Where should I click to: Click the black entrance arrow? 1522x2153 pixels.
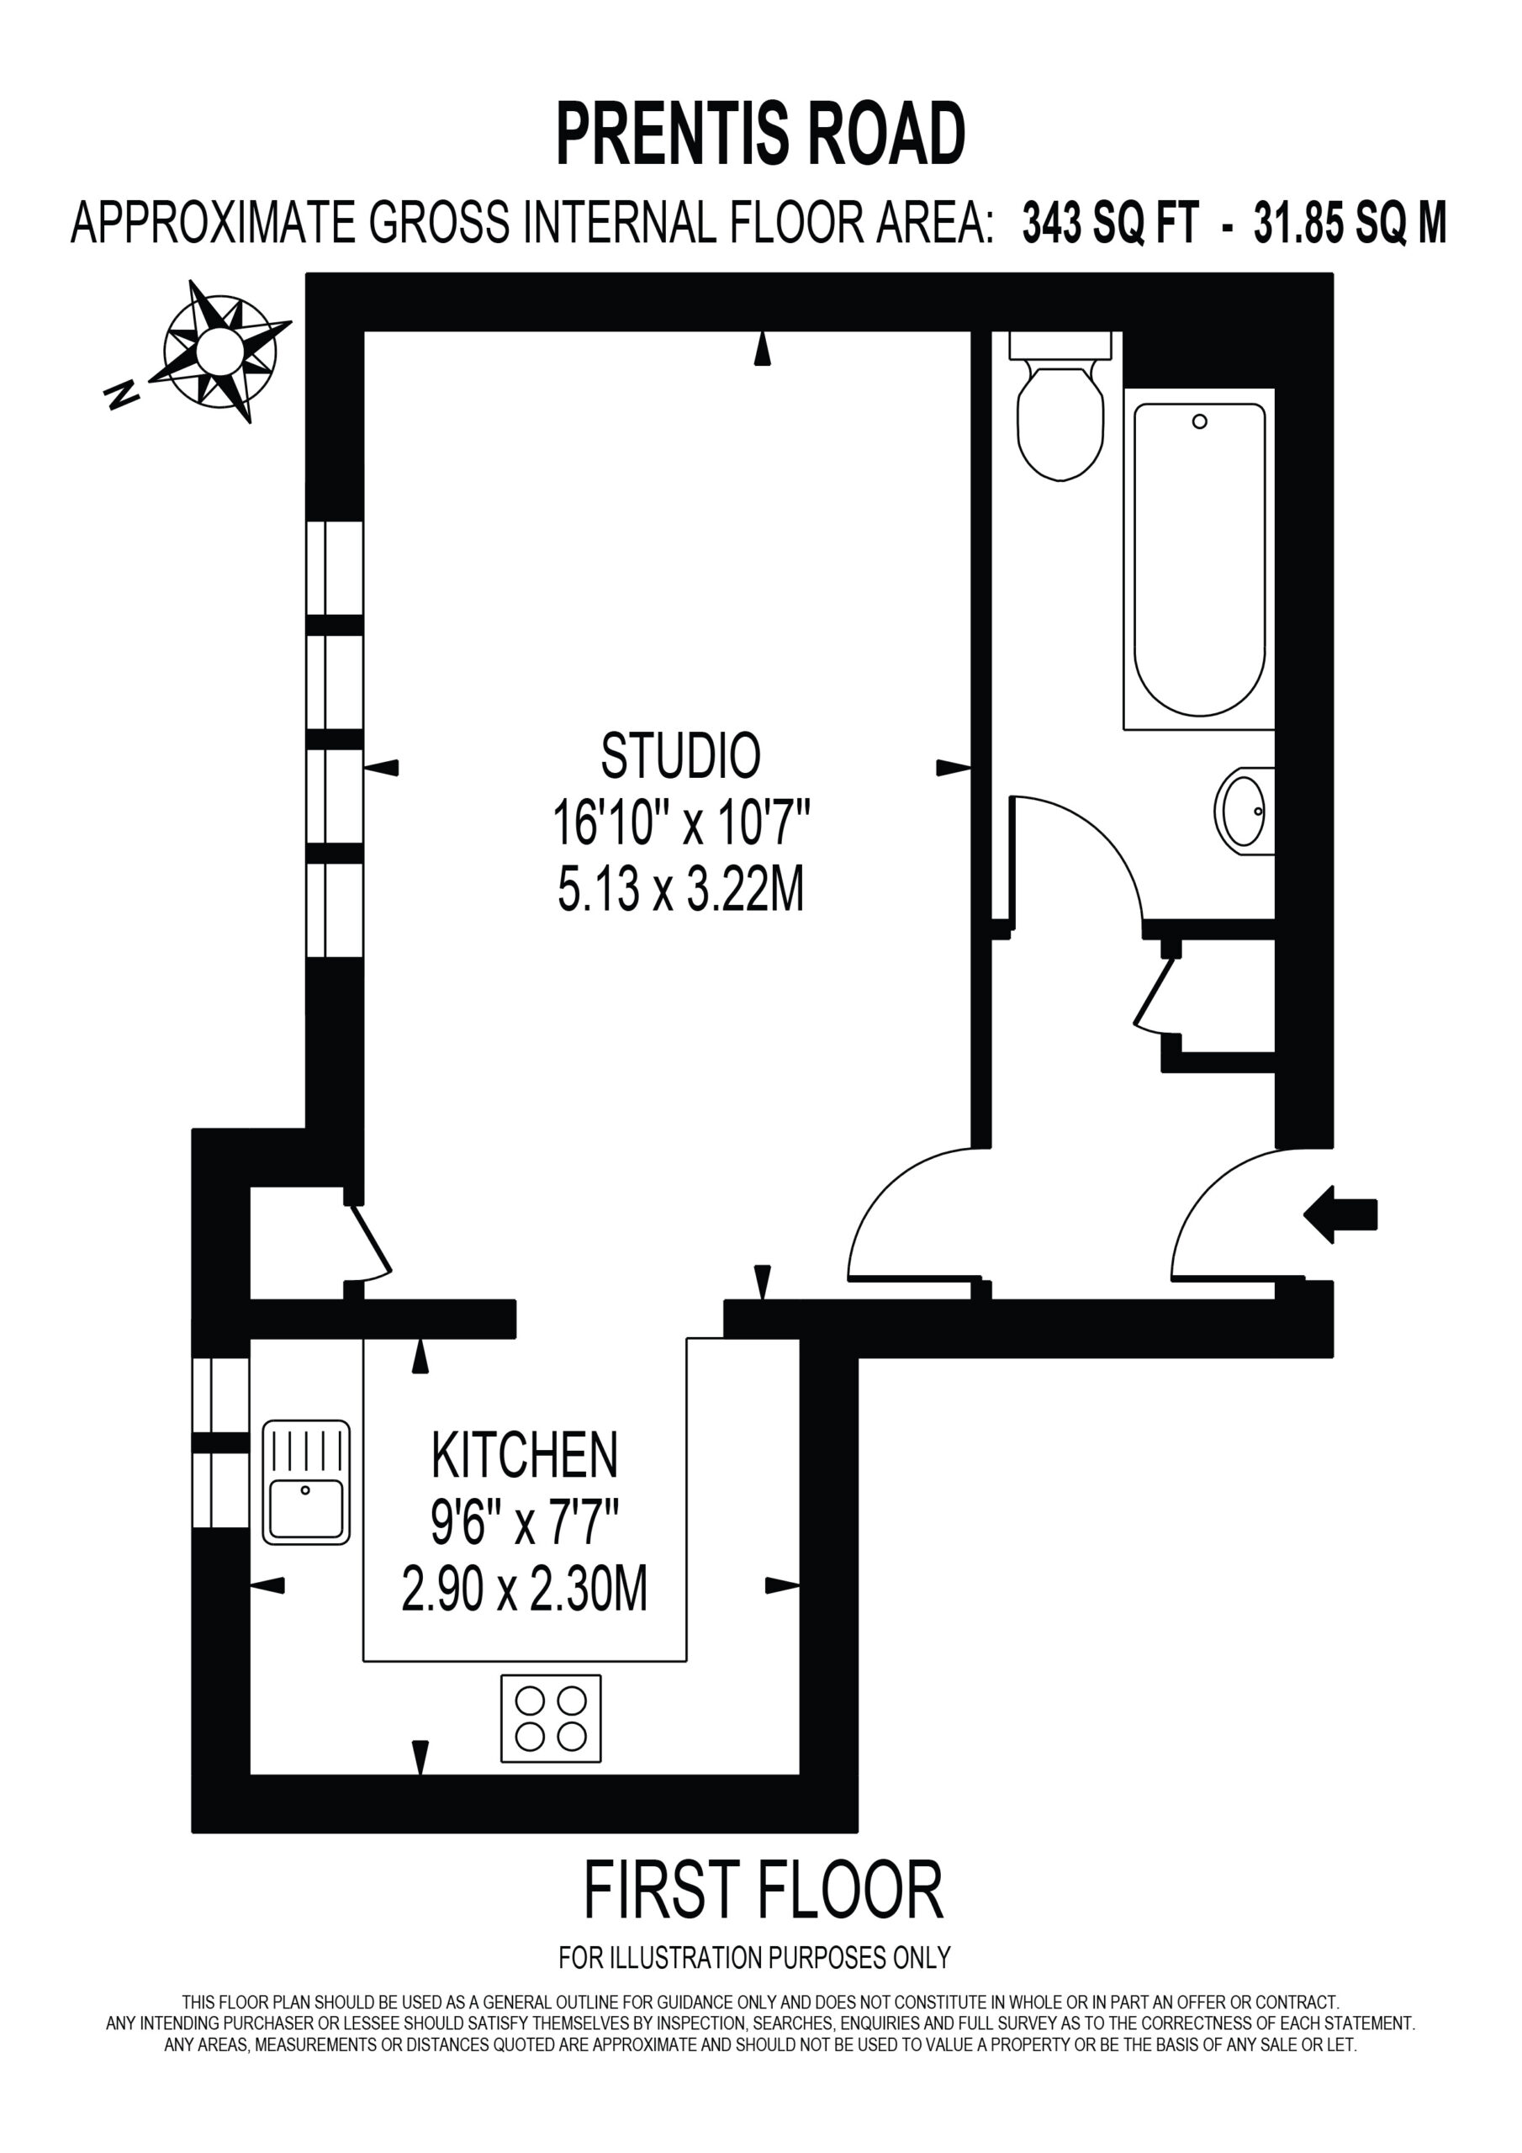click(x=1340, y=1214)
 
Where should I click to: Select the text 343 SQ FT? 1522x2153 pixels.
click(x=1110, y=223)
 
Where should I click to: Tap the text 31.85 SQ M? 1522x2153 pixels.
click(x=1350, y=223)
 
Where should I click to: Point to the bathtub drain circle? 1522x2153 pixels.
click(x=1199, y=422)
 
